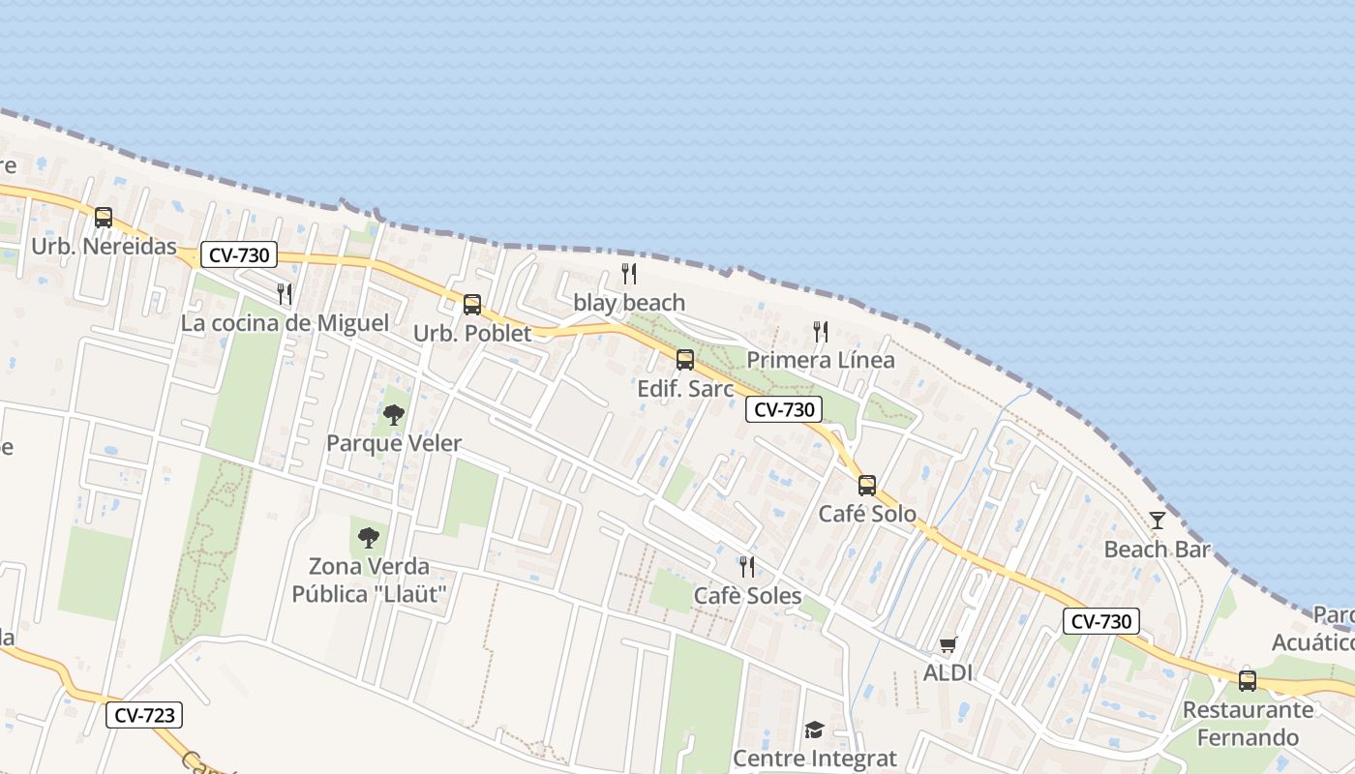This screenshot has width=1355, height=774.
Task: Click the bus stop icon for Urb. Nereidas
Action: point(104,218)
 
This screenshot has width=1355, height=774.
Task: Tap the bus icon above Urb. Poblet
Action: point(472,305)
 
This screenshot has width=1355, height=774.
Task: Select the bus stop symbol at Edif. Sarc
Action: point(685,360)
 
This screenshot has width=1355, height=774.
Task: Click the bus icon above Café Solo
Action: point(867,486)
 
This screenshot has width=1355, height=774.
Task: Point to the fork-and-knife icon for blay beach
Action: point(629,274)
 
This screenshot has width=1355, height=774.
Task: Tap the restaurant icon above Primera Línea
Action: point(821,332)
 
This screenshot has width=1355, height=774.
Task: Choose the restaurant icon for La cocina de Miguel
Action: point(285,294)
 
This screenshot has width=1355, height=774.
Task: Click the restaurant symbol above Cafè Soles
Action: point(747,567)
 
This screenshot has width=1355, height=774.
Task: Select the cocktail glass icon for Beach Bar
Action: point(1158,521)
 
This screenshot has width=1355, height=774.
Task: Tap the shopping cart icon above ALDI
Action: point(948,644)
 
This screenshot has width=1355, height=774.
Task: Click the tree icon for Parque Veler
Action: point(393,415)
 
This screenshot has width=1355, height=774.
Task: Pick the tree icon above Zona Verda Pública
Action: point(368,537)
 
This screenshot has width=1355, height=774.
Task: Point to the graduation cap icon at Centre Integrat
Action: point(814,729)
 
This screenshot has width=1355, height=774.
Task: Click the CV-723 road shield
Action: point(144,715)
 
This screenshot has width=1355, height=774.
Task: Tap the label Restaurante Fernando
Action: point(1248,724)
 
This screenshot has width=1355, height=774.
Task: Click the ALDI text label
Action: point(948,672)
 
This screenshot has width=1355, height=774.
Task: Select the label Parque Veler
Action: point(394,443)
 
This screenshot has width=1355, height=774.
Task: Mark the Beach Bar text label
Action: point(1158,550)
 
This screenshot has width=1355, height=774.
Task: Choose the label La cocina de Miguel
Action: point(285,323)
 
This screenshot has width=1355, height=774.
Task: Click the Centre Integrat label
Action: point(815,758)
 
